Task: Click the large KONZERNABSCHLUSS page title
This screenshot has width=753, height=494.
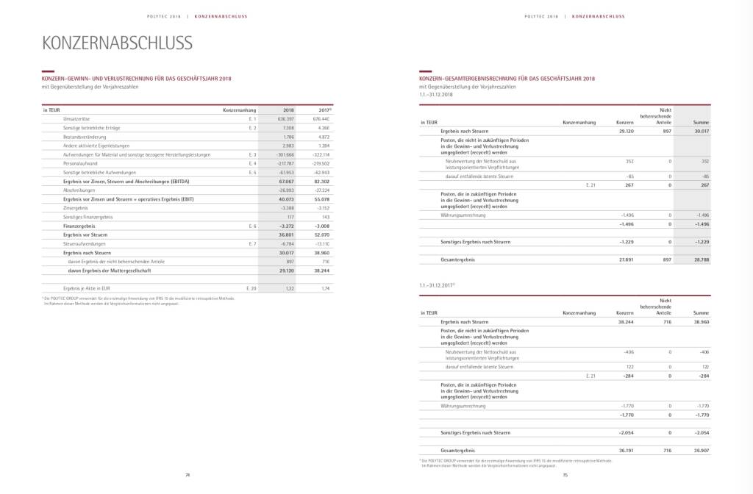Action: pos(118,43)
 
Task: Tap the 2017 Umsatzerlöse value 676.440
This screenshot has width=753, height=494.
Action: pos(320,119)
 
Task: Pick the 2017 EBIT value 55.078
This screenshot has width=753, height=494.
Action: pos(320,198)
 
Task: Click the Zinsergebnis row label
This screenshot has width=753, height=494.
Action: pos(76,207)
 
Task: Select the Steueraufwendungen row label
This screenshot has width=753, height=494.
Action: pos(83,243)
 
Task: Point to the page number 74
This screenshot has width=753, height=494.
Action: pos(188,476)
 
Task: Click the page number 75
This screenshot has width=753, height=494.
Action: pos(565,476)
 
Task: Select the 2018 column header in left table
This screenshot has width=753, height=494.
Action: pos(288,110)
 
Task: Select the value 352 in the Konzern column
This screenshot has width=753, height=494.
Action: pos(629,161)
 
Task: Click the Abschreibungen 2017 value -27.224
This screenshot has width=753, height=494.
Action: pos(320,190)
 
